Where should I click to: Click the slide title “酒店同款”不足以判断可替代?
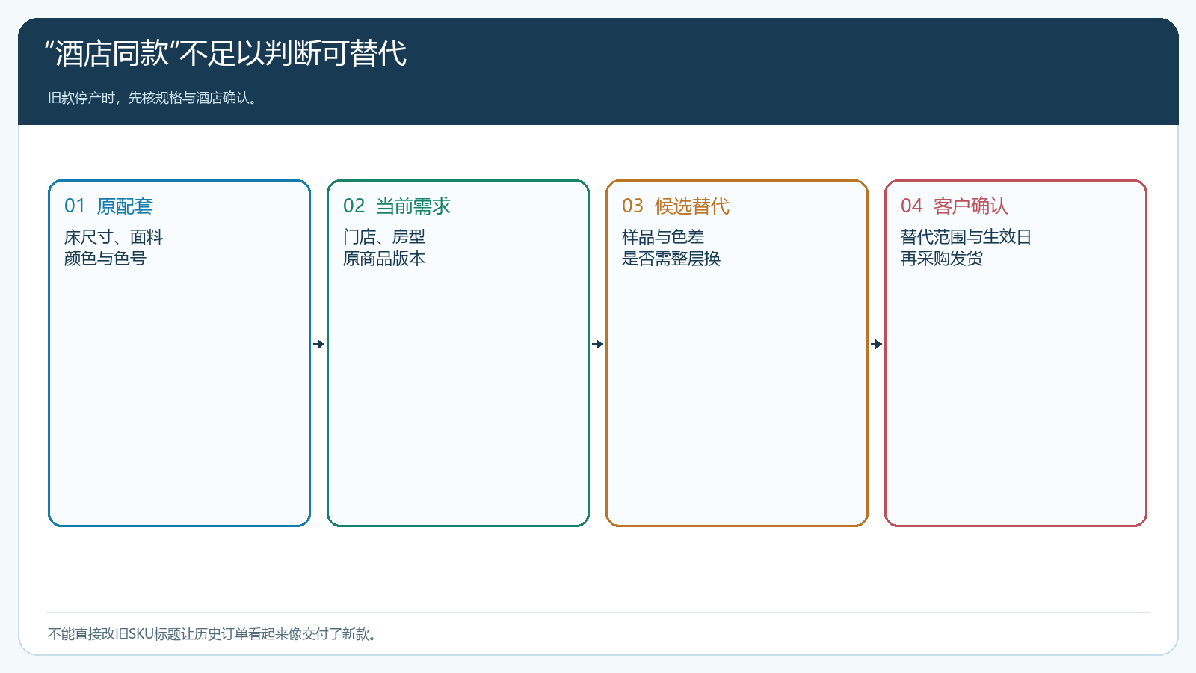pos(225,53)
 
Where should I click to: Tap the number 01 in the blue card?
pos(75,206)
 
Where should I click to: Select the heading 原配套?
pos(125,206)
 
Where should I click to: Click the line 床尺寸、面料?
pos(113,236)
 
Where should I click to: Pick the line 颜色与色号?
pos(105,259)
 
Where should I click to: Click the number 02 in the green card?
pos(354,206)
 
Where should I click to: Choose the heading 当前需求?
pos(413,206)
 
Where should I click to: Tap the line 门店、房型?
pos(384,236)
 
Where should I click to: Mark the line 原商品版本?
pos(384,259)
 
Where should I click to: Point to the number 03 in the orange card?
pos(632,206)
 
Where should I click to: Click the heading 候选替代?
pos(692,206)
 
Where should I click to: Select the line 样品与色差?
pos(663,236)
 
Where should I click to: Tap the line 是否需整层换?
pos(671,259)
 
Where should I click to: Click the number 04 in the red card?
pos(911,206)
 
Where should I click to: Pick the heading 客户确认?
pos(971,206)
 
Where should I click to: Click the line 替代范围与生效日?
pos(966,236)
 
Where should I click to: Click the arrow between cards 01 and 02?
pos(318,345)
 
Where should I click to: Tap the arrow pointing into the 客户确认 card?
pos(876,345)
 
